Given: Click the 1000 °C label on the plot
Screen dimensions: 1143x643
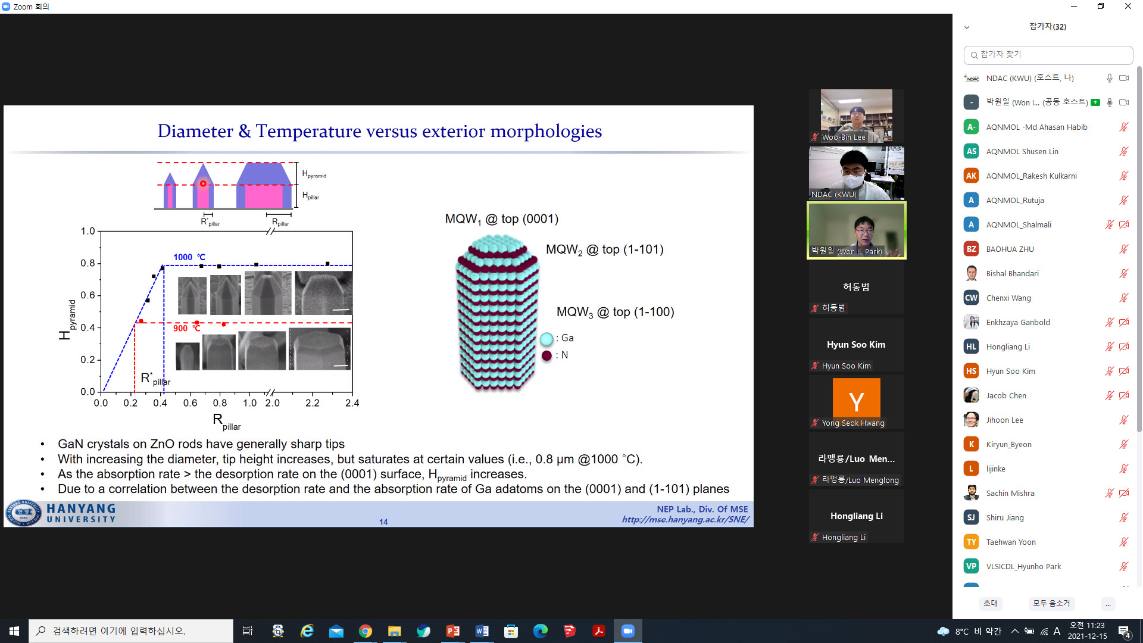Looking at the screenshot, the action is [x=189, y=257].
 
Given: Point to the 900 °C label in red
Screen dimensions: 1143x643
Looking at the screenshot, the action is [x=187, y=328].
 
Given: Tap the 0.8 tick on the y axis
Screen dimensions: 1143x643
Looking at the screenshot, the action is [x=88, y=263].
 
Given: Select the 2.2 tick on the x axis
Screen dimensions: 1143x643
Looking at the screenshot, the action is [x=313, y=403].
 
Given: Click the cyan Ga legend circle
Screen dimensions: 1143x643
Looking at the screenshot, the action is [x=546, y=339].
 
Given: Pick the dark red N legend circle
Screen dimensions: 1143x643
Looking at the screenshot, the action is [x=546, y=355].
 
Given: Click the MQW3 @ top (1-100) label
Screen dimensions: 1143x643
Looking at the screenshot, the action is [x=615, y=313].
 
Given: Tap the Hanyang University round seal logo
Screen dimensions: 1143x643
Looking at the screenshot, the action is [x=24, y=513].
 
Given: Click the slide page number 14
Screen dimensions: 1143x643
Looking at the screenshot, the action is [x=383, y=522].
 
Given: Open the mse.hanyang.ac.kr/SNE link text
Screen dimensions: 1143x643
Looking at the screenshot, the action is [x=685, y=520].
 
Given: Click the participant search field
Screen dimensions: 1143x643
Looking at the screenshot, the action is [x=1048, y=55].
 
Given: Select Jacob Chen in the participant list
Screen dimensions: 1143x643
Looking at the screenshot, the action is [x=1006, y=395].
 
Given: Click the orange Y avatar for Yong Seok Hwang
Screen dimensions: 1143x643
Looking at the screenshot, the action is [x=856, y=398].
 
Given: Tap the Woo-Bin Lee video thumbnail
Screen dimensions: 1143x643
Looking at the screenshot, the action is [x=856, y=116].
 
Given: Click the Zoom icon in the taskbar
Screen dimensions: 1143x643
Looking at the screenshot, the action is [x=628, y=631].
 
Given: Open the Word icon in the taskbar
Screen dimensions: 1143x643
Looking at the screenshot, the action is [x=482, y=631].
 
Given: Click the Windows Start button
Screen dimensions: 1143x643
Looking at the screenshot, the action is [x=14, y=631].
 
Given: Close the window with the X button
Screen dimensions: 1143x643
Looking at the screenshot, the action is [x=1128, y=7].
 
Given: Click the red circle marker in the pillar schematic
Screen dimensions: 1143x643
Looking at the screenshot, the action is [x=203, y=183].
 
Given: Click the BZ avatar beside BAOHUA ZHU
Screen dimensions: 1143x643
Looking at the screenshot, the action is [x=971, y=249].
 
